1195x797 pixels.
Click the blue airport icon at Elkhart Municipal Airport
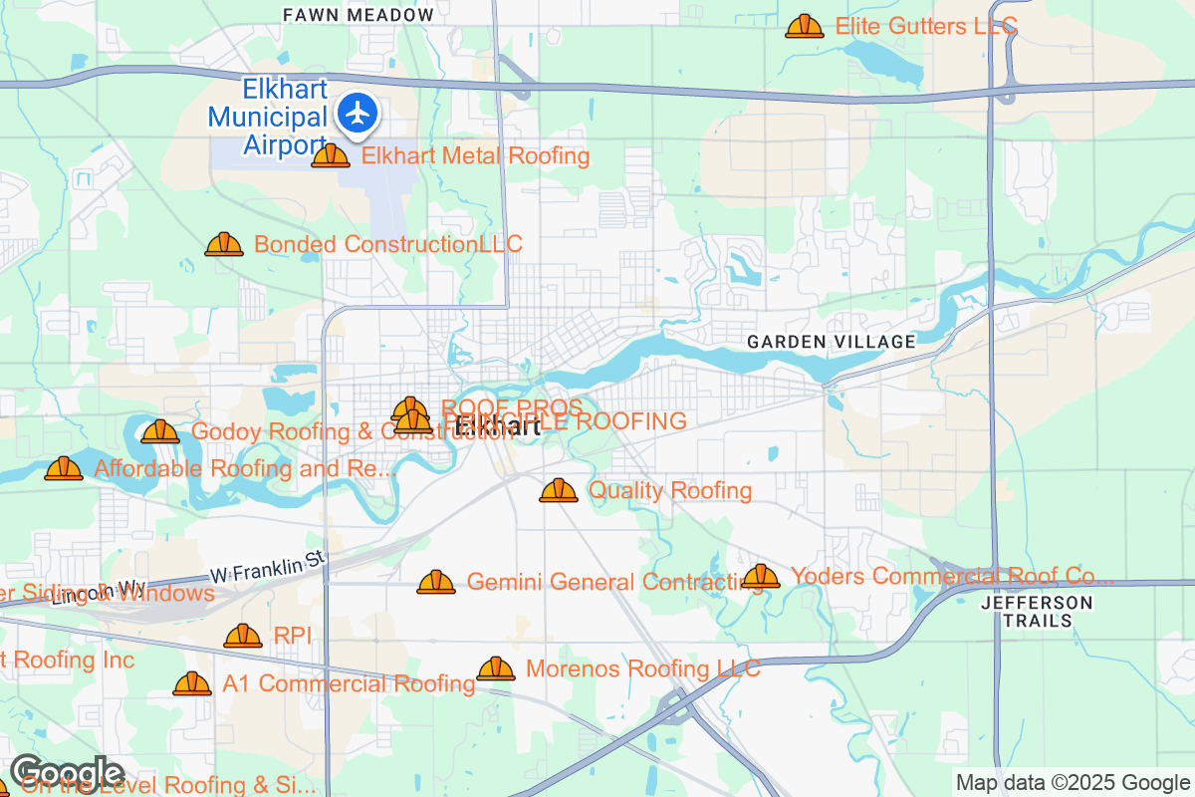coord(358,113)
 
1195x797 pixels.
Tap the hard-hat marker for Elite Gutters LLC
coord(804,27)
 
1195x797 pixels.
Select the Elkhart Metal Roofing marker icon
coord(331,155)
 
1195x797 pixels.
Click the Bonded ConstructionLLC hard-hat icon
coord(224,244)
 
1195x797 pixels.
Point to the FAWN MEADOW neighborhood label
coord(358,15)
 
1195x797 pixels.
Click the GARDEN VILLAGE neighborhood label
coord(832,342)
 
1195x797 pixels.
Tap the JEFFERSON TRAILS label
coord(1036,612)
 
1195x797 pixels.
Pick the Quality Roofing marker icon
coord(559,490)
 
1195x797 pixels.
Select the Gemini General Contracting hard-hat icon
coord(436,582)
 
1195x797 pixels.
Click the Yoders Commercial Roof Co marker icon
coord(761,576)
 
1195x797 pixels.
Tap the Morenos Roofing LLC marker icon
coord(496,668)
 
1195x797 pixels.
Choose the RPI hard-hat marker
coord(243,636)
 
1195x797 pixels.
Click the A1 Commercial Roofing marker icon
coord(192,683)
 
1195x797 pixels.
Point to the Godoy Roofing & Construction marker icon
coord(160,431)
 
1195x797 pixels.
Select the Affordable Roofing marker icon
coord(64,468)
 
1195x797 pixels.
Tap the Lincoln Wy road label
coord(97,593)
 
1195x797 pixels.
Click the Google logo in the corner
coord(67,772)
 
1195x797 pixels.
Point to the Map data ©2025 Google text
coord(1073,782)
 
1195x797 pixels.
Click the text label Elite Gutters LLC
coord(925,26)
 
